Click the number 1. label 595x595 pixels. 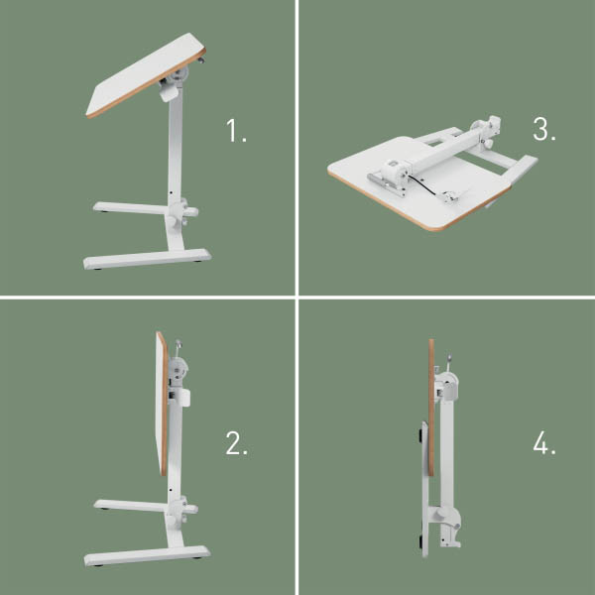tap(236, 131)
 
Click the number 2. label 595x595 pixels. tap(236, 443)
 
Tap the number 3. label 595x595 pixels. tap(543, 130)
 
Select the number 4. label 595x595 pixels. tap(543, 443)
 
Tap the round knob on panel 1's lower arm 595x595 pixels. tap(182, 211)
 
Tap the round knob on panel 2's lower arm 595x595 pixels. tap(182, 511)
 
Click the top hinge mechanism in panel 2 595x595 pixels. tap(179, 370)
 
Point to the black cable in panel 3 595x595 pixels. tap(429, 185)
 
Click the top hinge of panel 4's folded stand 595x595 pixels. tap(447, 383)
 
